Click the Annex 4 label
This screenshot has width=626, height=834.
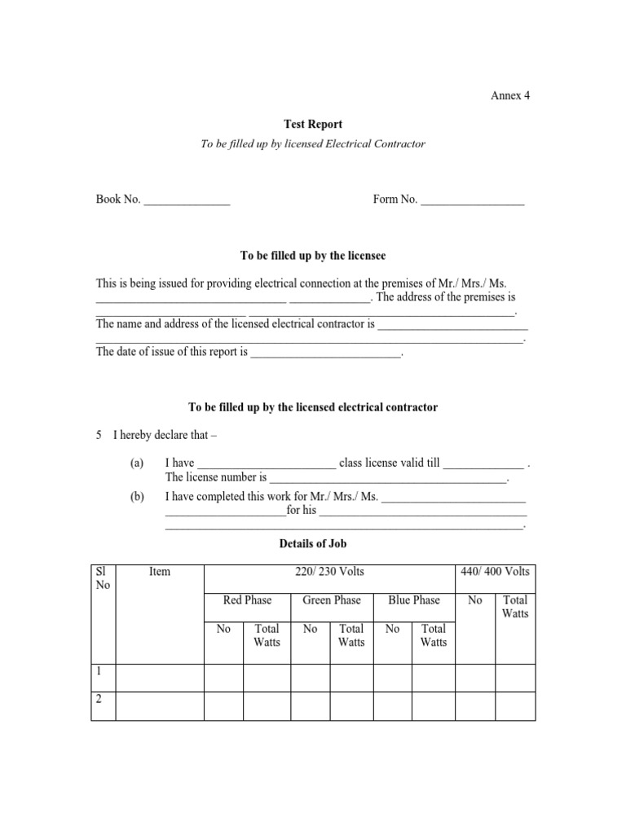(x=509, y=95)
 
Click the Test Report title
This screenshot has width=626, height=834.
(x=313, y=125)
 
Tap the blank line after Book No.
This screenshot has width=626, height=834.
(x=187, y=200)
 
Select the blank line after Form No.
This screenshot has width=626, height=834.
(x=473, y=200)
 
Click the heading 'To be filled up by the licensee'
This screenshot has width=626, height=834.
(x=313, y=256)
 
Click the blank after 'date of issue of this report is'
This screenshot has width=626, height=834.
(x=326, y=353)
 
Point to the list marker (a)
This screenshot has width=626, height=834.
(x=136, y=463)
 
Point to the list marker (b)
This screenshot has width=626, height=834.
(x=136, y=496)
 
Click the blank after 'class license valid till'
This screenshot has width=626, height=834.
(x=483, y=463)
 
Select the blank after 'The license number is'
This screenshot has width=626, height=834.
(x=388, y=479)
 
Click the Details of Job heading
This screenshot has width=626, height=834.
(x=313, y=543)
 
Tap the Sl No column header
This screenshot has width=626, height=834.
(x=102, y=578)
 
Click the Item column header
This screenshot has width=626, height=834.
(x=160, y=572)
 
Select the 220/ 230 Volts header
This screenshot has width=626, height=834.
(x=329, y=572)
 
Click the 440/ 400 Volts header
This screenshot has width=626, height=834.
(x=495, y=572)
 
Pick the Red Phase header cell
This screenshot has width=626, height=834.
(x=247, y=600)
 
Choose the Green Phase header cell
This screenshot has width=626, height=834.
(x=331, y=600)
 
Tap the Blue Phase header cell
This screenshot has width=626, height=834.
(x=413, y=600)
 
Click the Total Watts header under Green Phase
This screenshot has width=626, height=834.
(x=351, y=635)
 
